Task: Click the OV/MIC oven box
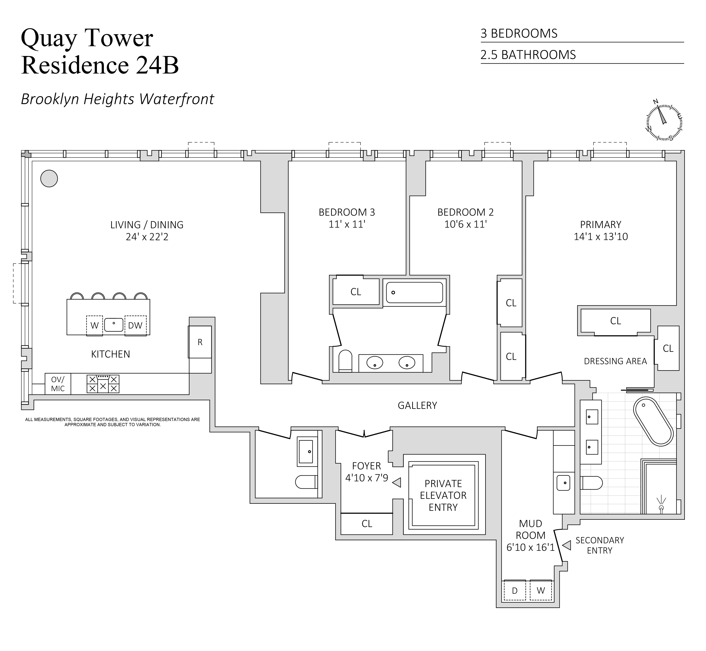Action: [x=58, y=384]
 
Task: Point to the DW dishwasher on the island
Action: [x=135, y=325]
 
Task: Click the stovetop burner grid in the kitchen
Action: [x=103, y=384]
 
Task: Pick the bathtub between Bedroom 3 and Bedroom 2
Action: [x=414, y=292]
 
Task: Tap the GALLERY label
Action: [x=417, y=405]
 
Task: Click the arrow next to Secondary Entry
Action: [x=567, y=545]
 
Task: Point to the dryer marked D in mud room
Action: [x=515, y=591]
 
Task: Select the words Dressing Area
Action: [x=615, y=361]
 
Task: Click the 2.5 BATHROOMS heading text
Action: [x=528, y=55]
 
